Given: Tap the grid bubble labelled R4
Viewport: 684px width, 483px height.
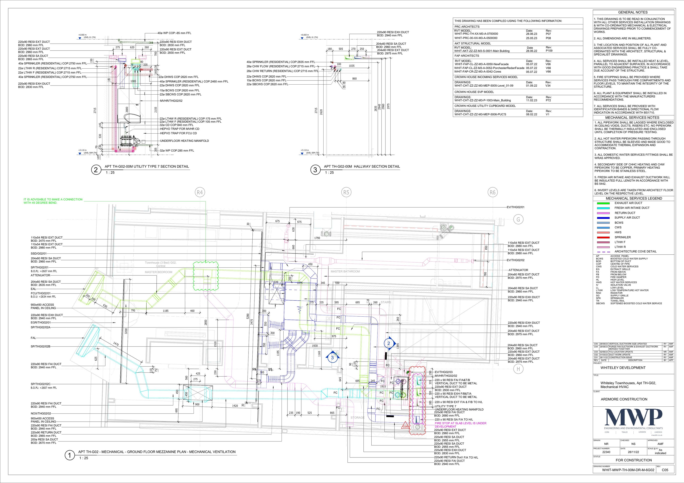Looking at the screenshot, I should tap(199, 193).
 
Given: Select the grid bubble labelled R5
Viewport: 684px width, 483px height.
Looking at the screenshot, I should tap(346, 193).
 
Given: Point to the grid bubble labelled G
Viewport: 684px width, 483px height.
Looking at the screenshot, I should tap(518, 220).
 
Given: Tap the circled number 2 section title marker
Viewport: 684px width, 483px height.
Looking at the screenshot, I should tap(96, 170).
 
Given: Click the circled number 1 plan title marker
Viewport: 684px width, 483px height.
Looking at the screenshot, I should tap(69, 455).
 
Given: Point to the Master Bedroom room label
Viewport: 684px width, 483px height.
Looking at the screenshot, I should tap(158, 272).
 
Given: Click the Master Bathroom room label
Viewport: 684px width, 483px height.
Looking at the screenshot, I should tap(345, 271).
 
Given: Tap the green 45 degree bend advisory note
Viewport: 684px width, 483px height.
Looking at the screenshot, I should tap(53, 201).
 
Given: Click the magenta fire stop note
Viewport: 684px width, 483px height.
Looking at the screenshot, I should tap(460, 425).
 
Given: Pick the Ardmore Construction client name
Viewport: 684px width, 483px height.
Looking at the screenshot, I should tap(624, 399).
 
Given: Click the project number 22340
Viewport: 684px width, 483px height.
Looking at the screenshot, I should tap(606, 452).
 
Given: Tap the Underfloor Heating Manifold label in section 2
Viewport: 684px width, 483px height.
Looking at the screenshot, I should tap(184, 141).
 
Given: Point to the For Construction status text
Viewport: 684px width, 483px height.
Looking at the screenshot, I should tap(634, 460).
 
